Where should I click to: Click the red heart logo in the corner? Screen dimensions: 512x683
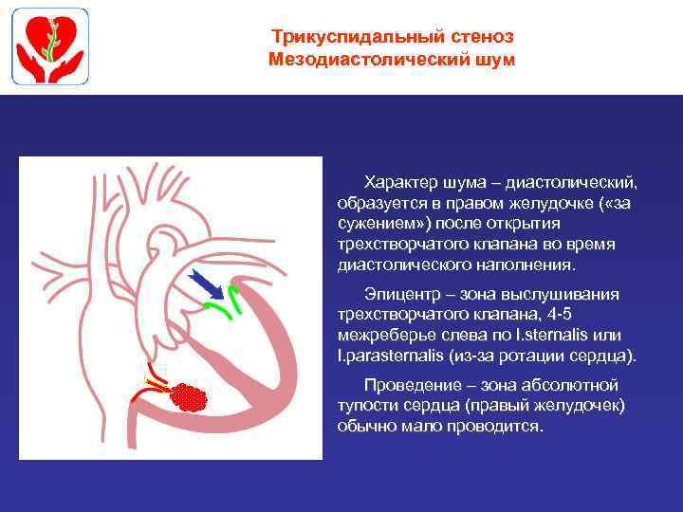(50, 47)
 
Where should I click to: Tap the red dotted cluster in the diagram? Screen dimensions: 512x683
(192, 395)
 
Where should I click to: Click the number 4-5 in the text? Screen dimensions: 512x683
(563, 314)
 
